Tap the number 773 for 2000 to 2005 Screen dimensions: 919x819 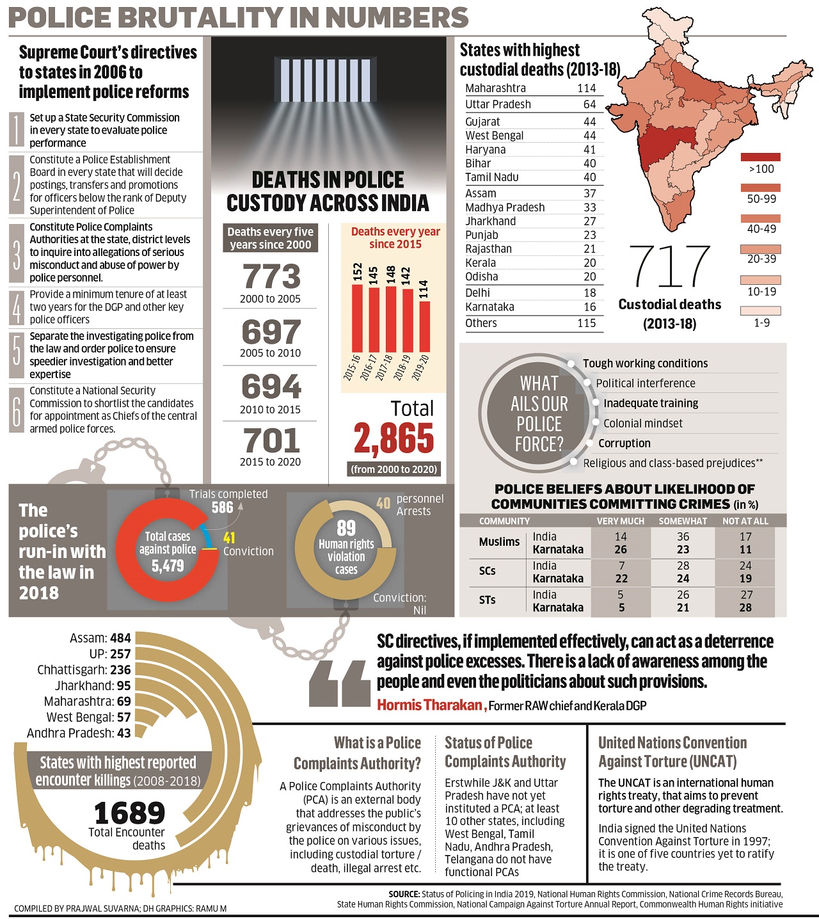[x=271, y=277]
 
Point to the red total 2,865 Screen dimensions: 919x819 [x=394, y=438]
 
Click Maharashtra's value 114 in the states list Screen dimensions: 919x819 [x=586, y=88]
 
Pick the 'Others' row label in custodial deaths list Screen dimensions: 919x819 [x=481, y=323]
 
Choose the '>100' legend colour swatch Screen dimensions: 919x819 [x=760, y=157]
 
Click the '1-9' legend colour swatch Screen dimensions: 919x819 [x=760, y=311]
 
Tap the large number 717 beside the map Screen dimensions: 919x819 [x=669, y=267]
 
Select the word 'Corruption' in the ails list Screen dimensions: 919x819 [x=624, y=444]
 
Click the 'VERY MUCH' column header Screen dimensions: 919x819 [x=620, y=521]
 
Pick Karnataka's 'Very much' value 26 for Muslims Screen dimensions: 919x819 [x=620, y=550]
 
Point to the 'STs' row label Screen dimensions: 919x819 [x=487, y=600]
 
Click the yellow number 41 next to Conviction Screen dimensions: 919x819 [x=229, y=538]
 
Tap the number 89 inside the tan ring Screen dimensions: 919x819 [x=346, y=528]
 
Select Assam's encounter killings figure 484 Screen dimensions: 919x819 [x=120, y=638]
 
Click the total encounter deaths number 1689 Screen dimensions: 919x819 [x=129, y=813]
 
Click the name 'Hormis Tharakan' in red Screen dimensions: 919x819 [x=429, y=705]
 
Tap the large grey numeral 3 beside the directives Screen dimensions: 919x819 [x=17, y=253]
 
